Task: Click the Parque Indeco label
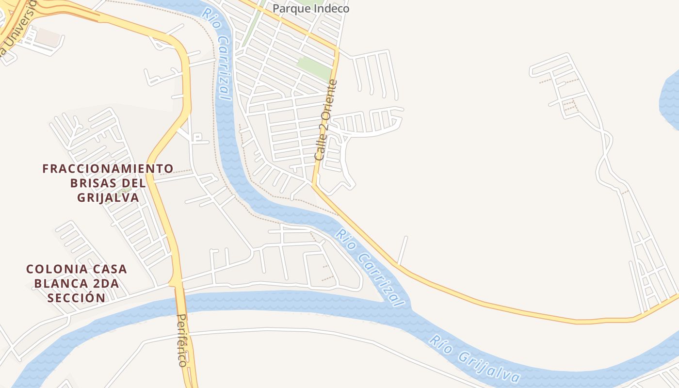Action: coord(310,8)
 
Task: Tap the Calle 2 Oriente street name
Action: coord(325,120)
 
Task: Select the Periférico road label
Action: coord(182,340)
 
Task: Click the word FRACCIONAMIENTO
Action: coord(108,169)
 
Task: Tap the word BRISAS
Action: coord(94,183)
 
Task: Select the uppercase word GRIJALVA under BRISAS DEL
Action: coord(108,198)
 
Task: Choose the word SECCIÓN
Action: coord(76,298)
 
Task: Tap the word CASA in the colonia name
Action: coord(109,269)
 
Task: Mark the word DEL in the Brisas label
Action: coord(135,183)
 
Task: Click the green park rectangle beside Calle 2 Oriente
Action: coord(314,68)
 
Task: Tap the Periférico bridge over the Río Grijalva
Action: coord(183,303)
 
